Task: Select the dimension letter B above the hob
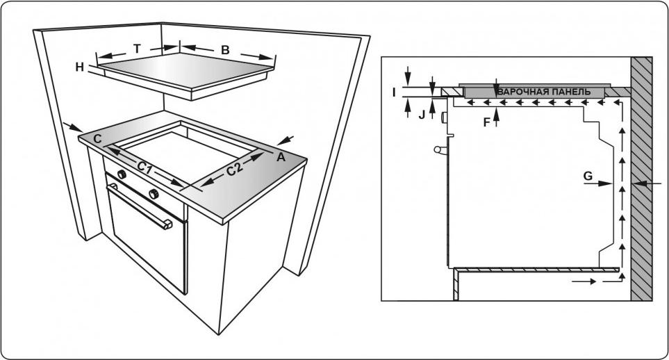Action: pyautogui.click(x=224, y=49)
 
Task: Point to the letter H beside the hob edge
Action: pyautogui.click(x=80, y=67)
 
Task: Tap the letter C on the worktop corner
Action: pyautogui.click(x=98, y=139)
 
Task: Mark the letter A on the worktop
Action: pyautogui.click(x=281, y=157)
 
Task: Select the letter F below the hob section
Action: pyautogui.click(x=486, y=121)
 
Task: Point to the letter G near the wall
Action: pyautogui.click(x=588, y=177)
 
